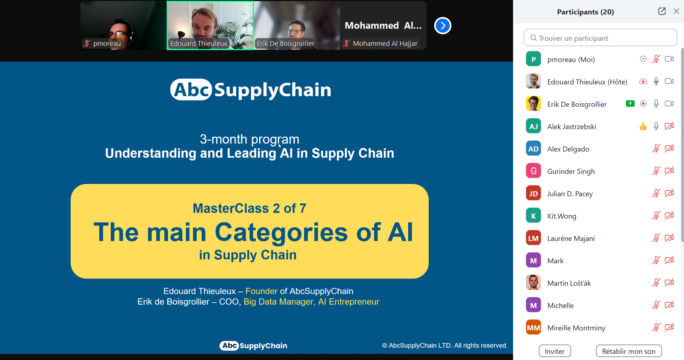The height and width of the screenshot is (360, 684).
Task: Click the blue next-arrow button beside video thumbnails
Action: [442, 26]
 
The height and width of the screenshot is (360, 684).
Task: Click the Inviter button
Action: [555, 351]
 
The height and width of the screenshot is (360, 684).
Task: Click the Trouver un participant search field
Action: [600, 38]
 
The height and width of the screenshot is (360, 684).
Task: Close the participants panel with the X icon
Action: [676, 11]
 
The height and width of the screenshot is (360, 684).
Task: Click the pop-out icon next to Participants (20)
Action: [662, 11]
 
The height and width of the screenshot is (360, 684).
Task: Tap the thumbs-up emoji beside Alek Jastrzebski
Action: [643, 126]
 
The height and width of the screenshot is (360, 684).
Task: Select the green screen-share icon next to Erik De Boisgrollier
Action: [630, 104]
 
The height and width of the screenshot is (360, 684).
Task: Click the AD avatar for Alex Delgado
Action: [533, 149]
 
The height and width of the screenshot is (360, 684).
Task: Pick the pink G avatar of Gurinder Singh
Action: [533, 171]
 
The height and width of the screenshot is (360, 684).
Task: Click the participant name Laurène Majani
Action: [571, 238]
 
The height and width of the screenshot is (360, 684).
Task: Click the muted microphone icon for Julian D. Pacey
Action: [656, 193]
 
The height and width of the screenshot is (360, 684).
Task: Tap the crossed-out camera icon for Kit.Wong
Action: [669, 216]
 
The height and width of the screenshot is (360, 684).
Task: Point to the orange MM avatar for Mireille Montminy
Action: [533, 328]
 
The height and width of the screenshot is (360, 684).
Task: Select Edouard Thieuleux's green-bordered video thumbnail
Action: [210, 25]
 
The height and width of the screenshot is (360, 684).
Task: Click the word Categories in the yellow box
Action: [281, 232]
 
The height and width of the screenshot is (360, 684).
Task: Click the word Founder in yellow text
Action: [261, 291]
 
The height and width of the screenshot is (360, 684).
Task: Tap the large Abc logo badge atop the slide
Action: [191, 89]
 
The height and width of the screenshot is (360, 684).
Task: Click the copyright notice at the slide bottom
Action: [445, 346]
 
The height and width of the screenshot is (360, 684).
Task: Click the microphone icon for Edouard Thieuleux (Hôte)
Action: [656, 81]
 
